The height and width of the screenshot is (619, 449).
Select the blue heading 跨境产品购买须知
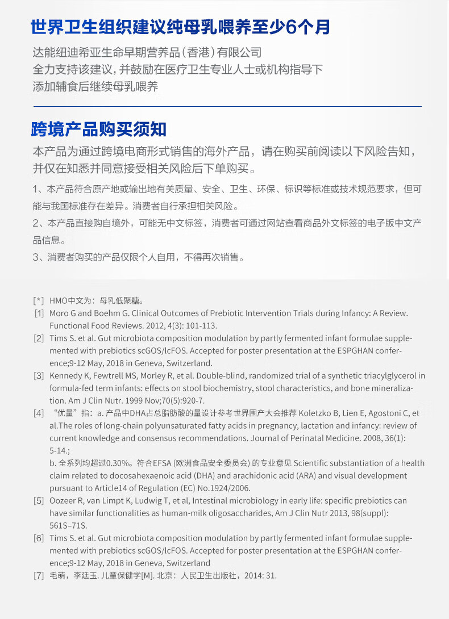tap(98, 129)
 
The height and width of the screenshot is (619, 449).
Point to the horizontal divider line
tap(227, 106)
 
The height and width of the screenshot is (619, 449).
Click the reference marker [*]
tap(39, 300)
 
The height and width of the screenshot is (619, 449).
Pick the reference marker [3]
tap(39, 375)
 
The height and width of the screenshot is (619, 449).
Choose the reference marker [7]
tap(39, 575)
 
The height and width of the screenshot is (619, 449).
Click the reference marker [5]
tap(39, 500)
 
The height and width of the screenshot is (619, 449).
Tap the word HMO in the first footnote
tap(59, 300)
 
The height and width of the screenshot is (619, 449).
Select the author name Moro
tap(59, 313)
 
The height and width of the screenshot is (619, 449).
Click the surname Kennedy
tap(66, 375)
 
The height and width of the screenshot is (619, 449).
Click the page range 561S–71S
tap(68, 525)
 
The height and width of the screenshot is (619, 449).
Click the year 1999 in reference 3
tap(117, 400)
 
